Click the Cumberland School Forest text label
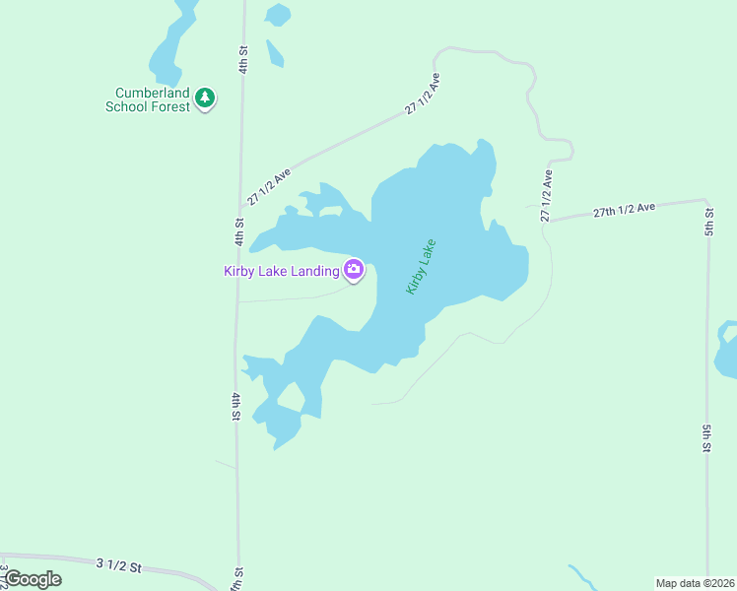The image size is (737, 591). pyautogui.click(x=148, y=99)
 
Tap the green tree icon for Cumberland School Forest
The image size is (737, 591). pyautogui.click(x=205, y=98)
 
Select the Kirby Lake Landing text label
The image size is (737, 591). pyautogui.click(x=282, y=271)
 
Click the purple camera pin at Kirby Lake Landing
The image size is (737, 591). pyautogui.click(x=354, y=269)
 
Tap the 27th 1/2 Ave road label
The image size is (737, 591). pyautogui.click(x=625, y=209)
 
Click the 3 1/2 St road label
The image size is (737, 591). pyautogui.click(x=119, y=565)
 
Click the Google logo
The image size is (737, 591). pyautogui.click(x=32, y=579)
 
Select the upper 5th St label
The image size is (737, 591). pyautogui.click(x=708, y=222)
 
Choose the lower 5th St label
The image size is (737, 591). pyautogui.click(x=707, y=437)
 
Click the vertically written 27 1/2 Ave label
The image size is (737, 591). pyautogui.click(x=546, y=195)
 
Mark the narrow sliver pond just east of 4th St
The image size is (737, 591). pyautogui.click(x=275, y=53)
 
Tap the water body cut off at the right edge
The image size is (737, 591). pyautogui.click(x=727, y=350)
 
